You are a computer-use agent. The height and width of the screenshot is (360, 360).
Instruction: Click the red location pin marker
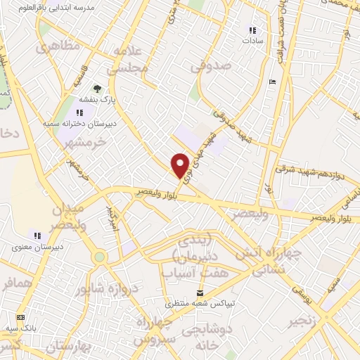[x=181, y=165]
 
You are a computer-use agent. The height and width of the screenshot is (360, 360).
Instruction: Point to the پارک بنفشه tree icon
[x=97, y=89]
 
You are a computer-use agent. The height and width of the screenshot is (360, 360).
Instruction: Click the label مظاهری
[x=57, y=48]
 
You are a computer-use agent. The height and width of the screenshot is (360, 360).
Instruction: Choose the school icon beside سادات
[x=252, y=30]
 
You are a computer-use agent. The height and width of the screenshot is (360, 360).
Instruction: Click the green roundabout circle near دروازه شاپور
[x=100, y=257]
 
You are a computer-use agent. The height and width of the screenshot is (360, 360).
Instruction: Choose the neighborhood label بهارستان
[x=60, y=346]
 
